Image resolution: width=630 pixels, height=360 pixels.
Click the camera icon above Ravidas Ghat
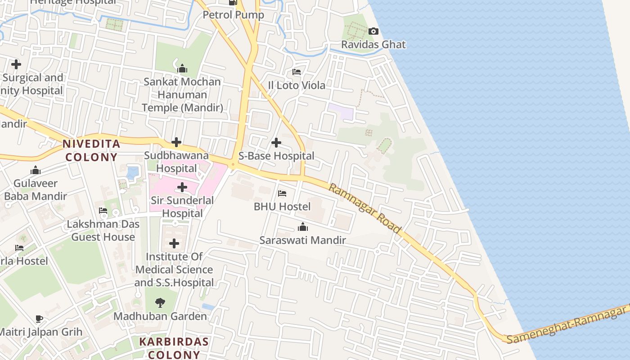(x=373, y=31)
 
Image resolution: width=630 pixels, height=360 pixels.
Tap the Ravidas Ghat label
(x=373, y=45)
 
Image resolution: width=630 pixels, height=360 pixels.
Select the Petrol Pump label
(x=233, y=15)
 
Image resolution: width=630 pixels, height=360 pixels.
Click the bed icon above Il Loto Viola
(x=297, y=72)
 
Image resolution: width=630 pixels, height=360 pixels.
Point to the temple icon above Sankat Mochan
(x=182, y=68)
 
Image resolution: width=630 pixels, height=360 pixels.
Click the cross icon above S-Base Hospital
(x=276, y=143)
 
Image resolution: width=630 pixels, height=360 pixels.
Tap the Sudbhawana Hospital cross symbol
(x=176, y=143)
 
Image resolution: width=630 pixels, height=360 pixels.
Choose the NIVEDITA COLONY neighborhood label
(x=91, y=150)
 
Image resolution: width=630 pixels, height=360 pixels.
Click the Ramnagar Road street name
(x=364, y=208)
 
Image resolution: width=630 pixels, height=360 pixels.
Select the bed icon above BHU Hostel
(x=282, y=193)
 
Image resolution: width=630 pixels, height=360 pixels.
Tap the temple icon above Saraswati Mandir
(x=303, y=227)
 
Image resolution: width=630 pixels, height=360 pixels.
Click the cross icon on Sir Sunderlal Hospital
(x=182, y=187)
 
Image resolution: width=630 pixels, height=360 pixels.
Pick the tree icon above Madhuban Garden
(x=160, y=303)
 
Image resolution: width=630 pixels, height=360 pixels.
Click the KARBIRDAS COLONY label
(x=174, y=348)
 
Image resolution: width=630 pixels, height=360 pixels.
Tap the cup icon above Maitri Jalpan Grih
(x=40, y=319)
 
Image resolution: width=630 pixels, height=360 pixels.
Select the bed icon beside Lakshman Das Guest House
(x=103, y=211)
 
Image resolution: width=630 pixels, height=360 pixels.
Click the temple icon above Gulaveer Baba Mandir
(x=35, y=170)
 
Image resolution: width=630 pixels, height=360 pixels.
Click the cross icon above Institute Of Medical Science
(x=174, y=244)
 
